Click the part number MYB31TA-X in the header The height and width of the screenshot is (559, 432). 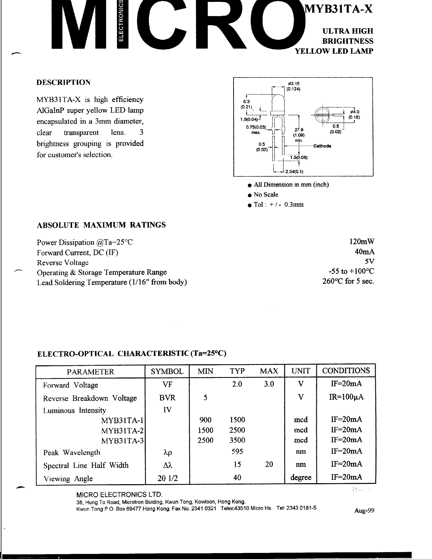[338, 9]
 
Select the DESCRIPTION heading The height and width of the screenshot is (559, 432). [63, 82]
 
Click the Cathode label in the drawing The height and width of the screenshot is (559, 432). [322, 146]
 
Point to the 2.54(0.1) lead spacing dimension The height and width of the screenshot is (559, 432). [294, 172]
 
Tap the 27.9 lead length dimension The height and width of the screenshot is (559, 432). [299, 130]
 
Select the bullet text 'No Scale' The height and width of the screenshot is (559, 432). [266, 195]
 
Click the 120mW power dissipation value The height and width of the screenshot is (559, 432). [362, 241]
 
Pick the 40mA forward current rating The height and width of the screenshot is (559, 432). [365, 252]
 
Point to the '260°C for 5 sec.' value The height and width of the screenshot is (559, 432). [348, 281]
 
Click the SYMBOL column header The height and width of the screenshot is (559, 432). [167, 371]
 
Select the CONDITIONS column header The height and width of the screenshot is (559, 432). [346, 371]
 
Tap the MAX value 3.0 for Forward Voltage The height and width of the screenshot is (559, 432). [269, 384]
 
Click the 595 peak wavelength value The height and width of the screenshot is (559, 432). [237, 451]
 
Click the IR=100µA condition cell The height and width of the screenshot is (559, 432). [346, 397]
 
